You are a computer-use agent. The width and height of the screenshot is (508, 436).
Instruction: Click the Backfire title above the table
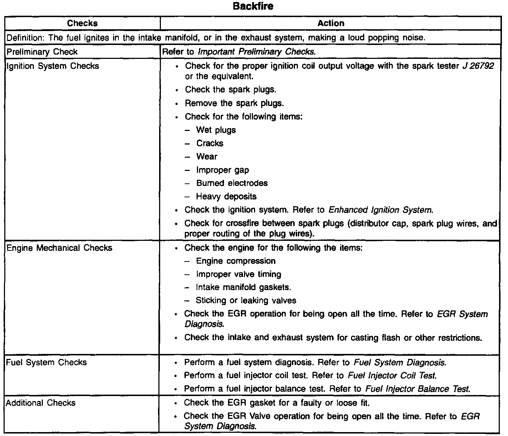[253, 6]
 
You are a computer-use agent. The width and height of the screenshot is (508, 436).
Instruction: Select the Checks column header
[82, 24]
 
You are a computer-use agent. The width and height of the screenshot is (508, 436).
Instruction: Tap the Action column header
[331, 24]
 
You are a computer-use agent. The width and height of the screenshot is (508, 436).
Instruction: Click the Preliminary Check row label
[42, 52]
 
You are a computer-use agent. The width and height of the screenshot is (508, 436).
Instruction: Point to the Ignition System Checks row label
[53, 66]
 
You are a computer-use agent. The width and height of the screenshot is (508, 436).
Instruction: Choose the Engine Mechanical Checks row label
[59, 248]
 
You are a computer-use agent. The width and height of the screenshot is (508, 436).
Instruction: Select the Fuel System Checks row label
[46, 363]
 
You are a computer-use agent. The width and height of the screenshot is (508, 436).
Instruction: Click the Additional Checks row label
[41, 403]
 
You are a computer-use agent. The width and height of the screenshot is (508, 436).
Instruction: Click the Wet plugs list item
[216, 130]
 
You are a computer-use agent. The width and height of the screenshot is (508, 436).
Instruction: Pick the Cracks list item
[210, 143]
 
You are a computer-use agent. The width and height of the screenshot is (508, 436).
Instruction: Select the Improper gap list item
[222, 170]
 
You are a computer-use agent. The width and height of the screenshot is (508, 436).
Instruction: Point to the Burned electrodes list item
[232, 183]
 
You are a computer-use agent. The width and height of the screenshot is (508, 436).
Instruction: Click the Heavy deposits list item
[226, 197]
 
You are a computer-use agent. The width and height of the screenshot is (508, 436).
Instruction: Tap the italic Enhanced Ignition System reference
[381, 210]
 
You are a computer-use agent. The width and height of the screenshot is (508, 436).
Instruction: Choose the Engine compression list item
[235, 261]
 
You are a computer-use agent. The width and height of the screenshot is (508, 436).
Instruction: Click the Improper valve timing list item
[238, 274]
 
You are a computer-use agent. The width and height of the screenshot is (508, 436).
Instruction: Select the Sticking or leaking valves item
[246, 301]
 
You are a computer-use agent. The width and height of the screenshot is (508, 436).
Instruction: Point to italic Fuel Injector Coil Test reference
[392, 376]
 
